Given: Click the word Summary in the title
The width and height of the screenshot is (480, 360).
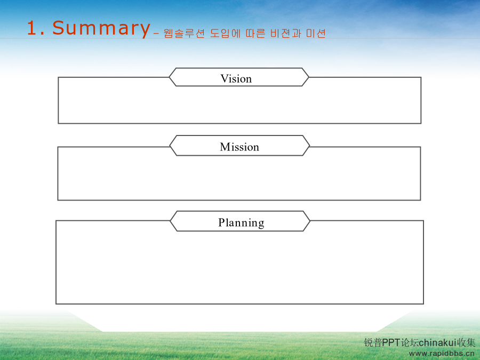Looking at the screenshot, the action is coord(101,28).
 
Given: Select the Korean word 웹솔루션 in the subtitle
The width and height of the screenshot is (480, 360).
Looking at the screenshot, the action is coord(184,34).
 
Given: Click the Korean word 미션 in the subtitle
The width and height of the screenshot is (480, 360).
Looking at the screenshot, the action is coord(316,34).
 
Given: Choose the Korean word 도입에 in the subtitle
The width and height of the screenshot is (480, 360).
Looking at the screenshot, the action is coord(225,34).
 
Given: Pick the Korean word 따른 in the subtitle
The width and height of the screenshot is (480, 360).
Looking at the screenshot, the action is coord(255,34).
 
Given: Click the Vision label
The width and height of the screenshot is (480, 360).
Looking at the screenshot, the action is coord(236,79).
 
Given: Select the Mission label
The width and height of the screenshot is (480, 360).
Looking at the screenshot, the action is coord(239,147).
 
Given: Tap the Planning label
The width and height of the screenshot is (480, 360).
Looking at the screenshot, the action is coord(241,223).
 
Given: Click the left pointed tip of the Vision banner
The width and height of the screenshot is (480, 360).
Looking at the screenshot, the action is coord(169,77).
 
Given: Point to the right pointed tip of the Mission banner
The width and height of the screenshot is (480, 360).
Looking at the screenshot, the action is coord(310,146).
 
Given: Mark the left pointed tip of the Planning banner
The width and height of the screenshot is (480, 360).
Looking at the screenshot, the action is coord(170,221).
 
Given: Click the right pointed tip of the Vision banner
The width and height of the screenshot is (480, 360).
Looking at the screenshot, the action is coord(309,77).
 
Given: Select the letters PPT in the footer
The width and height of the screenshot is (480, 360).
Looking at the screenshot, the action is coord(391,342).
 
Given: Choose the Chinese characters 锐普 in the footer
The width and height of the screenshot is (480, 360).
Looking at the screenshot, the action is coord(373,342).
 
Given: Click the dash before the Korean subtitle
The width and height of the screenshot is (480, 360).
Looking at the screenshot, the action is coord(156,34).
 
